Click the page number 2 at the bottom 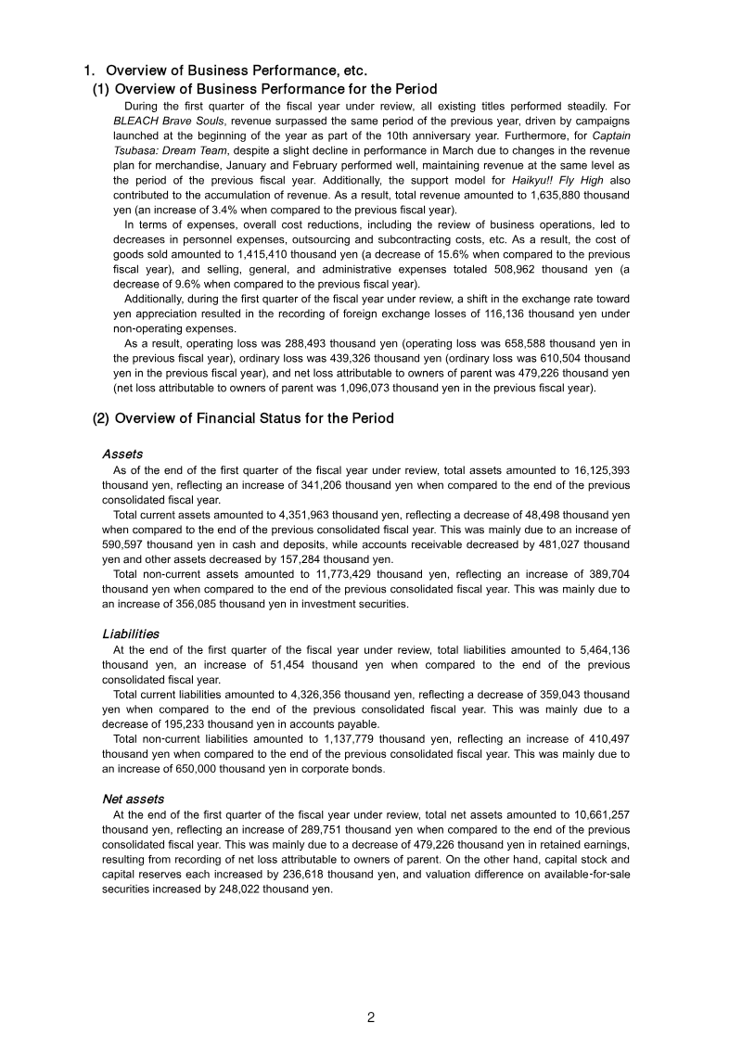pyautogui.click(x=370, y=1017)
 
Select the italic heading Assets pyautogui.click(x=122, y=454)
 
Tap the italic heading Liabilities pyautogui.click(x=130, y=633)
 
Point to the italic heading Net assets pyautogui.click(x=133, y=798)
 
